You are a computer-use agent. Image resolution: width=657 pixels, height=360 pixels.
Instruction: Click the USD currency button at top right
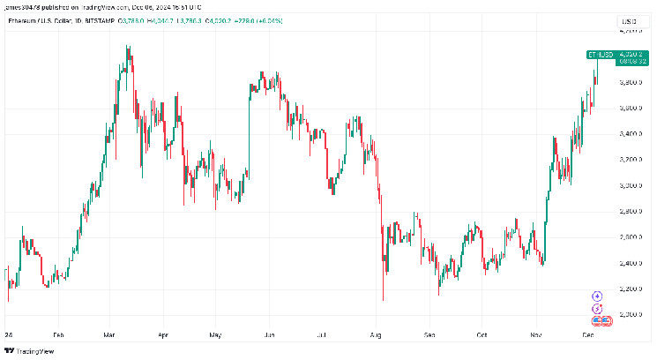point(629,20)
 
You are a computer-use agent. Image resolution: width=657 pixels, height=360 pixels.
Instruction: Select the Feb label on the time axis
point(58,336)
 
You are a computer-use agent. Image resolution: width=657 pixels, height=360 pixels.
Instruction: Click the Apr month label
point(162,336)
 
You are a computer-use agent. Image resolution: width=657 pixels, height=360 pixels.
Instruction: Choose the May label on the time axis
point(214,336)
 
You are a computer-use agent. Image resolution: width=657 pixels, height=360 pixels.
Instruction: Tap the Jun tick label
point(269,336)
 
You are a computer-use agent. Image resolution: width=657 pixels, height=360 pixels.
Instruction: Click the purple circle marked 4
point(597,296)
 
